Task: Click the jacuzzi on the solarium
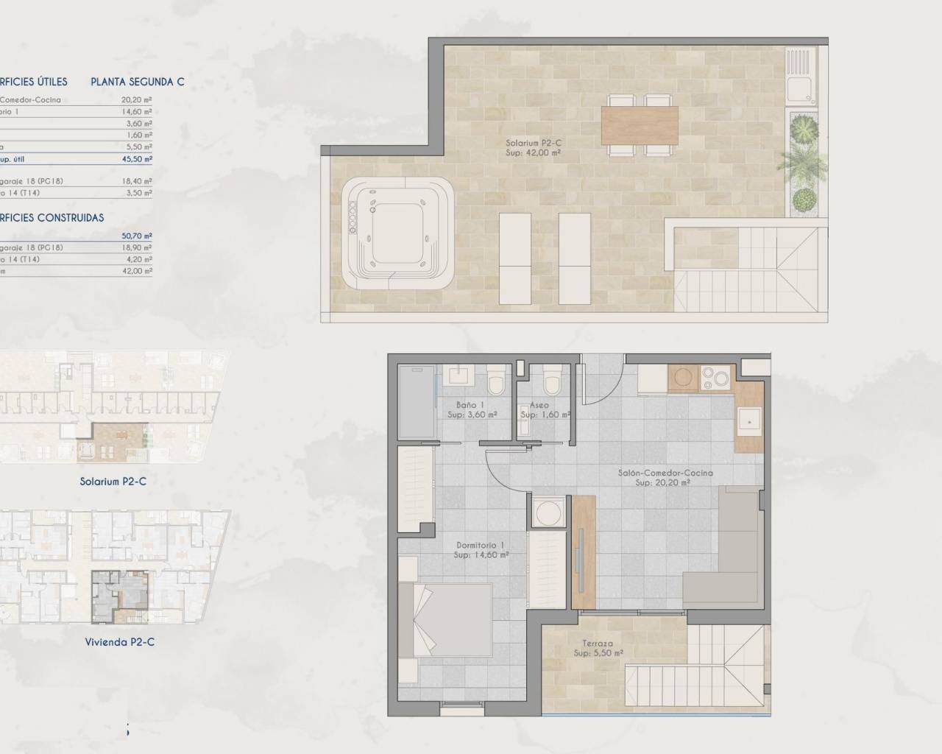coord(397,232)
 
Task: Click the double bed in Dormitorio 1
coord(445,620)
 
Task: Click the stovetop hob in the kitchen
coord(715,378)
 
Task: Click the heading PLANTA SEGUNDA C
coord(138,82)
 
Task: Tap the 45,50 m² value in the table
coord(137,159)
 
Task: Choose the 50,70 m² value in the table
coord(137,236)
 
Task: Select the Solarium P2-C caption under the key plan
coord(113,482)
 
